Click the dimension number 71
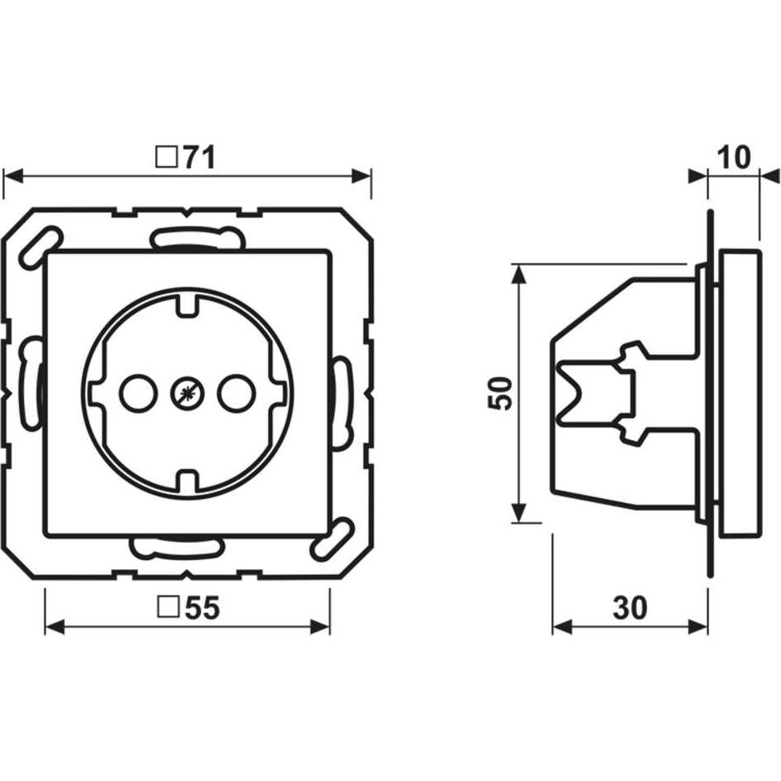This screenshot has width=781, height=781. point(199,157)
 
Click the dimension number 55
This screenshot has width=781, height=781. point(202,607)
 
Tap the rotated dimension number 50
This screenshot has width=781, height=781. point(501,393)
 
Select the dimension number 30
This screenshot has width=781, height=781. point(630,607)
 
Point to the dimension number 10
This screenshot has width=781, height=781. point(734,157)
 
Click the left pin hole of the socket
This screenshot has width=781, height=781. point(138,394)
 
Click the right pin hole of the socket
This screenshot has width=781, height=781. point(236,394)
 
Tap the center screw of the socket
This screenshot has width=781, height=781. point(187,394)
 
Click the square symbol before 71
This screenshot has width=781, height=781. point(167,157)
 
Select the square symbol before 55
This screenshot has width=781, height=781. point(168,607)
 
